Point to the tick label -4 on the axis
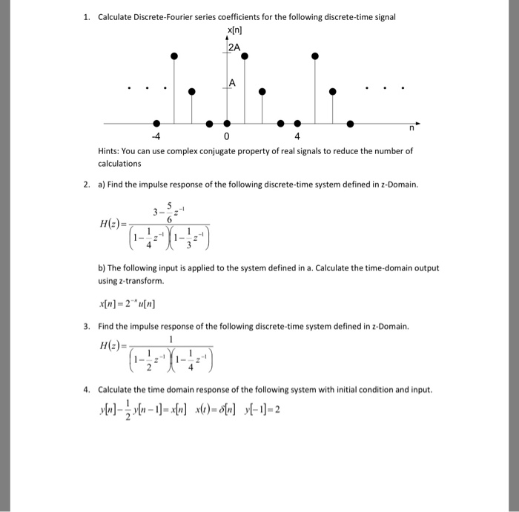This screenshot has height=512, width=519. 154,137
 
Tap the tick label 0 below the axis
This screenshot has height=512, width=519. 227,137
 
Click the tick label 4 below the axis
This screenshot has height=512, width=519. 297,137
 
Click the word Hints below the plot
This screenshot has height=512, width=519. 112,151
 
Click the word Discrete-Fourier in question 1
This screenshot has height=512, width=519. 167,16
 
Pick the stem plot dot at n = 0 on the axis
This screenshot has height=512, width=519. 227,123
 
